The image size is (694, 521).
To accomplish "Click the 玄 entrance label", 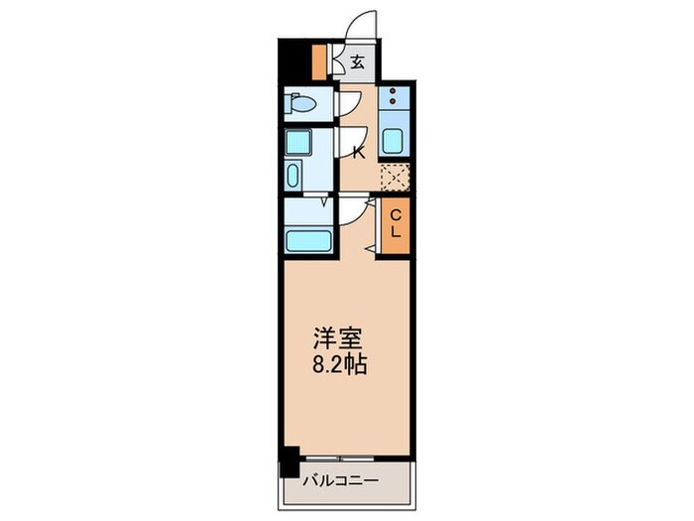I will [x=357, y=63].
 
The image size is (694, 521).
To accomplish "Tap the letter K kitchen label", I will [x=359, y=152].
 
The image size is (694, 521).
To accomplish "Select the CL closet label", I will [x=395, y=225].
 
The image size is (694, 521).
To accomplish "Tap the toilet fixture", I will [x=300, y=103].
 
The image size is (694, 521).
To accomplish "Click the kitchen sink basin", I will [x=393, y=141].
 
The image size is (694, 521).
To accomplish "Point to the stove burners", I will [x=393, y=98].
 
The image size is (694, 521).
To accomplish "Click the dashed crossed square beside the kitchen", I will [x=395, y=177].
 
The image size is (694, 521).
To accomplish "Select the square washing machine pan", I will [x=297, y=142].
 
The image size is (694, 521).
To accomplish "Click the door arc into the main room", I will [x=352, y=212].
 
